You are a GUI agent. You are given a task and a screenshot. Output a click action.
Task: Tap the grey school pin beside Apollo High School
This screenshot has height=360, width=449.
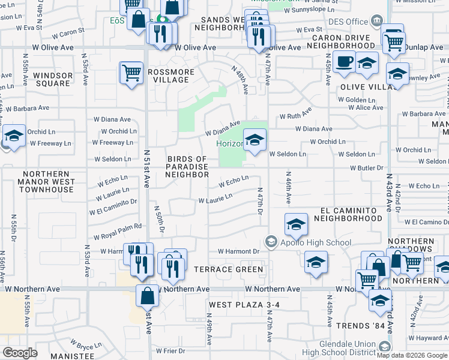pyautogui.click(x=272, y=242)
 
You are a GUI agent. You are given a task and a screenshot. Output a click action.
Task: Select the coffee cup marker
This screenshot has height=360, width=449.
pyautogui.click(x=344, y=62)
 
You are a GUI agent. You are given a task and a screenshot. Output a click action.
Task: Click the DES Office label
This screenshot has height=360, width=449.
pyautogui.click(x=348, y=22)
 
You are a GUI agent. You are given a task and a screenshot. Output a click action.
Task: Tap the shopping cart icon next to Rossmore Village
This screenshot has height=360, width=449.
pyautogui.click(x=132, y=73)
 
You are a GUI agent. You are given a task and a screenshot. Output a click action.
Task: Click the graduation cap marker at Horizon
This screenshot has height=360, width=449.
pyautogui.click(x=255, y=141)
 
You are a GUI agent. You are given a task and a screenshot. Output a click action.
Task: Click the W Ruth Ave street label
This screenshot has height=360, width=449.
pyautogui.click(x=296, y=115)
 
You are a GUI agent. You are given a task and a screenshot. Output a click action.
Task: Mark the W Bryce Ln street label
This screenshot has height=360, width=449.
pyautogui.click(x=85, y=344)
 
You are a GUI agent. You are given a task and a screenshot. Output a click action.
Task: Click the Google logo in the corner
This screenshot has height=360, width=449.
pyautogui.click(x=20, y=353)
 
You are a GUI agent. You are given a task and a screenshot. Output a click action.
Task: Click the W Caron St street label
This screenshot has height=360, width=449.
pyautogui.click(x=71, y=32)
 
